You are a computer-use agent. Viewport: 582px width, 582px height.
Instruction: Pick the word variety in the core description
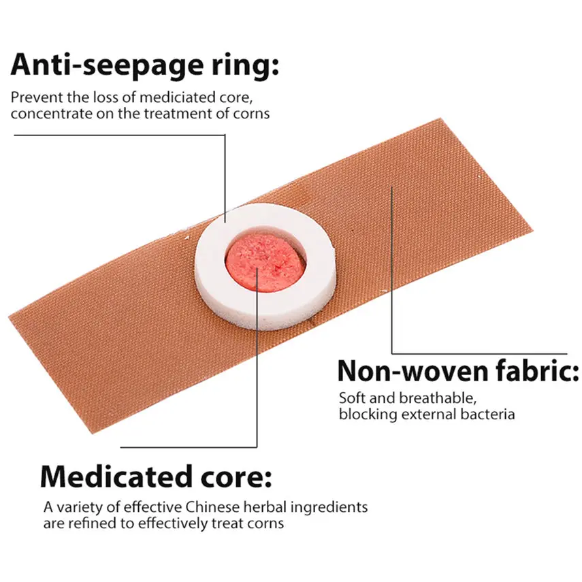76,508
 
